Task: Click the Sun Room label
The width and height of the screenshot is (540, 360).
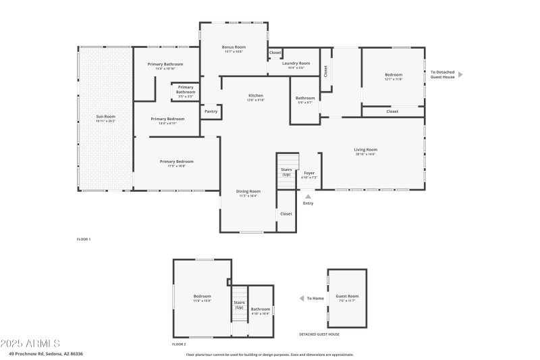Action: coord(105,117)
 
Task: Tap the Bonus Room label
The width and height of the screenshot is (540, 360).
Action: coord(234,47)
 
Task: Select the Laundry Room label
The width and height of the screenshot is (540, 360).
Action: coord(296,63)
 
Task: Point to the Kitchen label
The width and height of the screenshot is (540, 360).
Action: coord(255,96)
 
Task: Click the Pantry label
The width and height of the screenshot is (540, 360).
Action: coord(211,111)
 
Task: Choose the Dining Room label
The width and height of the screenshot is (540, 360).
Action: coord(248,191)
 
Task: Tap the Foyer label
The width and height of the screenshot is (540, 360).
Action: coord(309,174)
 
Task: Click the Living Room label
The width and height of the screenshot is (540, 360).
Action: coord(366,149)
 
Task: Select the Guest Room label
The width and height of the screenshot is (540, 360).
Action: coord(347,297)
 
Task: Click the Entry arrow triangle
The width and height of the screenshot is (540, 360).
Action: coord(308,196)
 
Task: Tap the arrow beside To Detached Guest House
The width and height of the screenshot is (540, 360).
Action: coord(460,74)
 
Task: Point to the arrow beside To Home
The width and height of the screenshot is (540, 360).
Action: coord(302,298)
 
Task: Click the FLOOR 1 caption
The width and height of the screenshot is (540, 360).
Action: coord(84,239)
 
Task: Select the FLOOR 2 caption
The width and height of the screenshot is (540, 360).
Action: coord(180,344)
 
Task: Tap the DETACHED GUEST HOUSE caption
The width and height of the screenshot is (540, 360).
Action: coord(319,334)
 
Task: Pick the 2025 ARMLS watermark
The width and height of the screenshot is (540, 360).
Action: coord(30,344)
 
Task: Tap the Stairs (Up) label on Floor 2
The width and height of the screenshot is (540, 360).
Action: coord(239,305)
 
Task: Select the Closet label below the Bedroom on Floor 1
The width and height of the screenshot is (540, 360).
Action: coord(392,111)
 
